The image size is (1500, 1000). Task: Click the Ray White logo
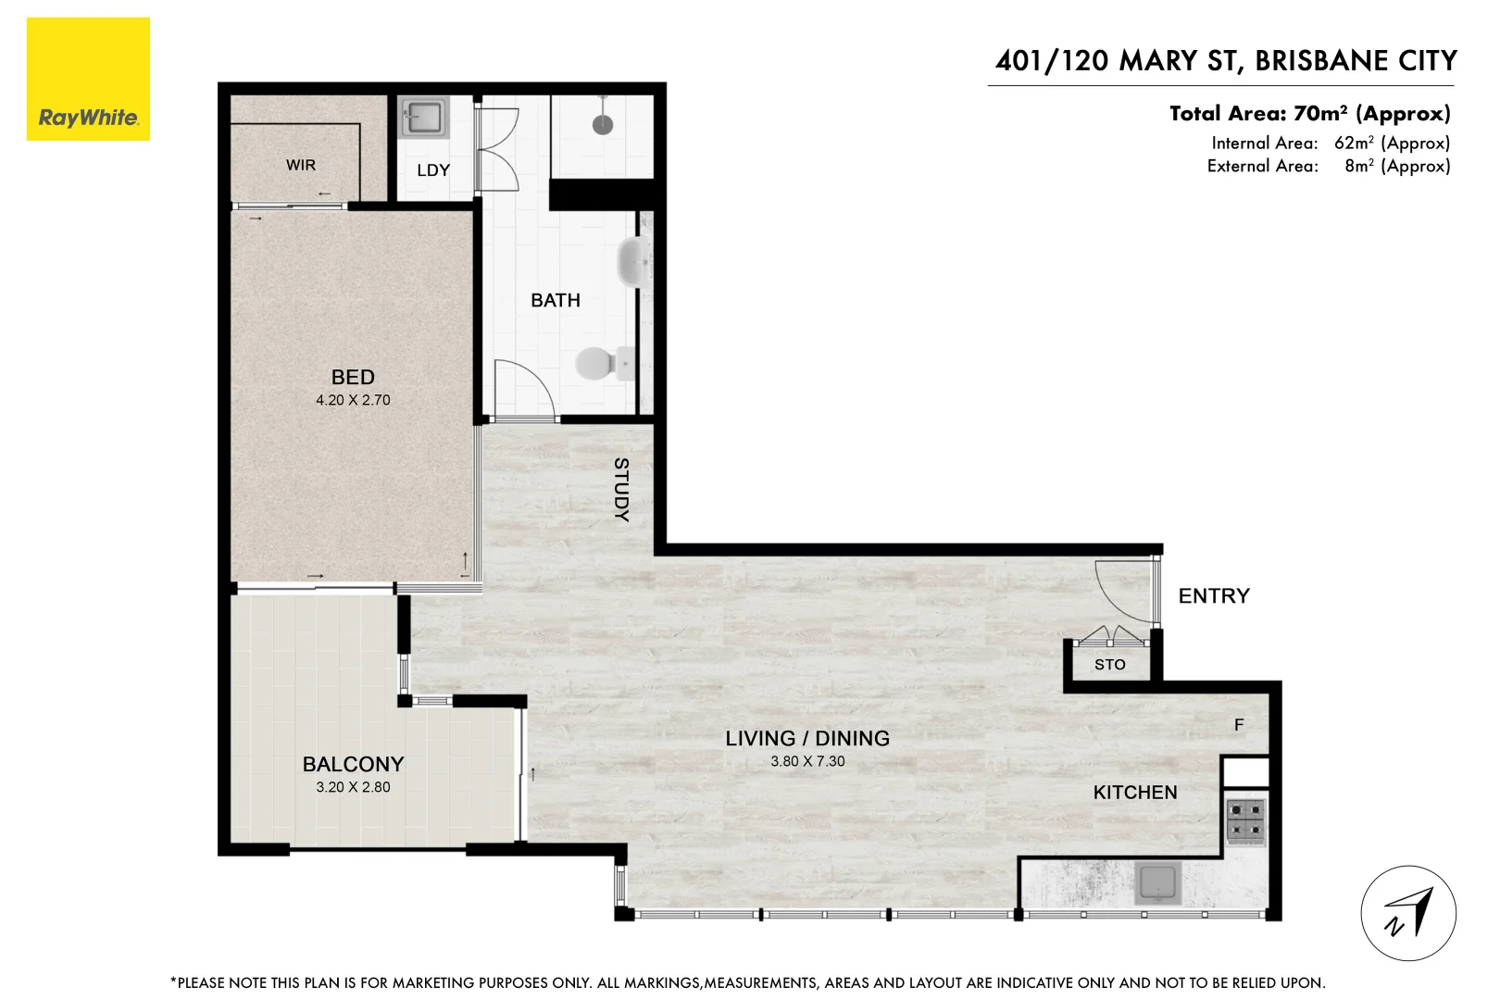pyautogui.click(x=88, y=80)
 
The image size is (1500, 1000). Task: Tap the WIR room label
pyautogui.click(x=301, y=165)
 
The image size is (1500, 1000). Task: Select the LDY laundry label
pyautogui.click(x=433, y=170)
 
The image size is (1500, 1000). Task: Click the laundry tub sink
pyautogui.click(x=424, y=118)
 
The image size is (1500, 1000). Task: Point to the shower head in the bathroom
pyautogui.click(x=603, y=123)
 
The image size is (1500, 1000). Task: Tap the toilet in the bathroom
pyautogui.click(x=597, y=363)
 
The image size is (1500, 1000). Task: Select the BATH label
pyautogui.click(x=556, y=300)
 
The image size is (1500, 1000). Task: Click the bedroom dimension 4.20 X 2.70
pyautogui.click(x=353, y=400)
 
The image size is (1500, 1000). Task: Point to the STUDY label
pyautogui.click(x=621, y=489)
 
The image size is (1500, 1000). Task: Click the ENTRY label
pyautogui.click(x=1214, y=595)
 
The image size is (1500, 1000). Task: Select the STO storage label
pyautogui.click(x=1109, y=664)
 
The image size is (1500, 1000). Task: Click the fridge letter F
pyautogui.click(x=1239, y=725)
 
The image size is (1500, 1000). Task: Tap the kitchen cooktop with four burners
pyautogui.click(x=1245, y=820)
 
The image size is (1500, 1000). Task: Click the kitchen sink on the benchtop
pyautogui.click(x=1157, y=882)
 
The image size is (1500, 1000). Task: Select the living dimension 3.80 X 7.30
pyautogui.click(x=807, y=761)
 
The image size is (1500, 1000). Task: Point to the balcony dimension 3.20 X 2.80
pyautogui.click(x=353, y=787)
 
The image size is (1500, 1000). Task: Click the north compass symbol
pyautogui.click(x=1407, y=913)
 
